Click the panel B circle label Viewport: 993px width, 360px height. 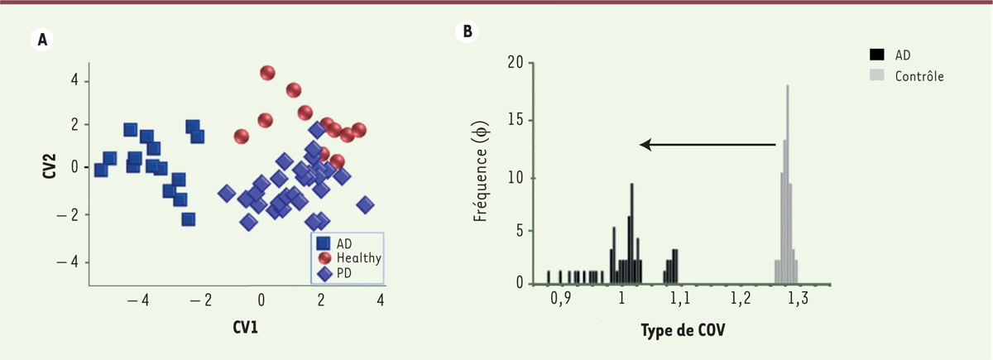click(x=468, y=31)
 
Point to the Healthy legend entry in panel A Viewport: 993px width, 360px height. click(x=358, y=257)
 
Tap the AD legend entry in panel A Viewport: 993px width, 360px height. click(x=343, y=243)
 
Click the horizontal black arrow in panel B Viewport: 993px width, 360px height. click(x=708, y=145)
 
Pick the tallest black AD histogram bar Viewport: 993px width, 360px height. click(x=632, y=232)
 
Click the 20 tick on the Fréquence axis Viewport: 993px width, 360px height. click(x=516, y=62)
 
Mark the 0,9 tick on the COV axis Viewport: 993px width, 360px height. click(x=561, y=299)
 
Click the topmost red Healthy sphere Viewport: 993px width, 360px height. click(x=266, y=73)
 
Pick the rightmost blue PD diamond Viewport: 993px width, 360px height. click(x=365, y=204)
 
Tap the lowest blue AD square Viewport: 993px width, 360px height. click(x=189, y=219)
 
